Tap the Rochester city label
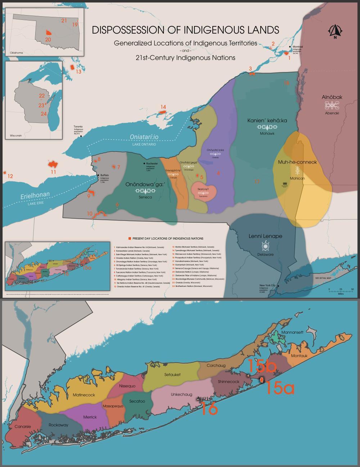pyautogui.click(x=152, y=164)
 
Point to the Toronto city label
pyautogui.click(x=78, y=127)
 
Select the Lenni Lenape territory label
pyautogui.click(x=265, y=236)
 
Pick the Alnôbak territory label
pyautogui.click(x=332, y=97)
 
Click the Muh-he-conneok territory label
pyautogui.click(x=297, y=162)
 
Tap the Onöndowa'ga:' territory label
pyautogui.click(x=145, y=184)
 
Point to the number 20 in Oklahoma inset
pyautogui.click(x=48, y=39)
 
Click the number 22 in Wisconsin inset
pyautogui.click(x=42, y=95)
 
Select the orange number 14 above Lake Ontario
pyautogui.click(x=163, y=107)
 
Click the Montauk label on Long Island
pyautogui.click(x=299, y=356)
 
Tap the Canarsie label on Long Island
pyautogui.click(x=22, y=427)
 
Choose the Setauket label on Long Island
pyautogui.click(x=172, y=374)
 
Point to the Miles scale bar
pyautogui.click(x=341, y=290)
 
